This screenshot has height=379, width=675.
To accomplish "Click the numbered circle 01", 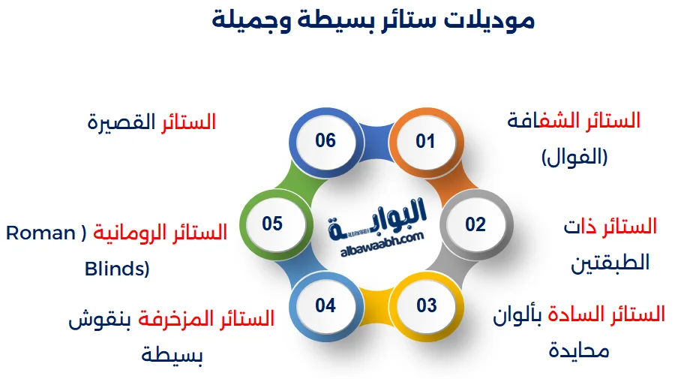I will pos(425,141).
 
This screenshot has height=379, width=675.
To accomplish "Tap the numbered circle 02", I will pos(475,224).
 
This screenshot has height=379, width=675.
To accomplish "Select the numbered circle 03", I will pos(426,305).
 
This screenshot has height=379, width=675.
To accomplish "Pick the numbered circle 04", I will pos(325,305).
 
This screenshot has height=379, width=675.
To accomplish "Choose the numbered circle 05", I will pos(272,224).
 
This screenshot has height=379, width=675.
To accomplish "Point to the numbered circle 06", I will pos(325,141).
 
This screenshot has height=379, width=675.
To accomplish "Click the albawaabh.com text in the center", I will pos(376,238).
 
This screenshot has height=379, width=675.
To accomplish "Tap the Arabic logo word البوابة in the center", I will pos(377,217).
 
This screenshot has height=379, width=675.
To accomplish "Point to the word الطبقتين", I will pos(610,263).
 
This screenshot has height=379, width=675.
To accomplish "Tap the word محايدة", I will pos(579,350).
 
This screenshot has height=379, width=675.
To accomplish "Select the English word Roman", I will pos(40,233).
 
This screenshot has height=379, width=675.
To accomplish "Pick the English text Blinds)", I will pos(117,269).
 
